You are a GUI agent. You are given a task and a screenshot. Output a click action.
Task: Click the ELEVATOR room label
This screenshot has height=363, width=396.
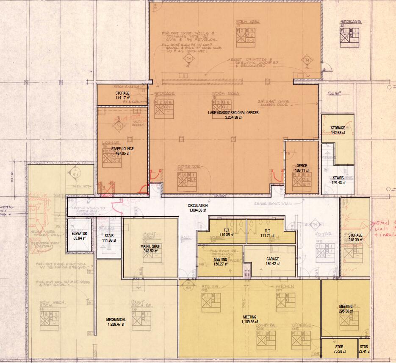pos(79,234)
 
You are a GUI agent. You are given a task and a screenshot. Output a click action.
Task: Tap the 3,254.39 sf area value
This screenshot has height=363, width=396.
pos(233,117)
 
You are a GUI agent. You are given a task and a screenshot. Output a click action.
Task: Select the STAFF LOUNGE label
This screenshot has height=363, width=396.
pos(122,149)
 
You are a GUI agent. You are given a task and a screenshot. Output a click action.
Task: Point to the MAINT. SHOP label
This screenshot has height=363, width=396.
pos(150,246)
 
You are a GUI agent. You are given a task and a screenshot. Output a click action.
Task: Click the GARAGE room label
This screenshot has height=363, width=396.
pos(272,259)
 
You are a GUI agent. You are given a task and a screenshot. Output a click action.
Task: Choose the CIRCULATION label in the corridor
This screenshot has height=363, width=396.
pos(197,206)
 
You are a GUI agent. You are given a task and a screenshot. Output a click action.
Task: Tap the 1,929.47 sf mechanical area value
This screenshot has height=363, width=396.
pos(116,324)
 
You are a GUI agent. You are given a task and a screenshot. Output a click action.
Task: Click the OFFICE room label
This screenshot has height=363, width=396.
pos(302,166)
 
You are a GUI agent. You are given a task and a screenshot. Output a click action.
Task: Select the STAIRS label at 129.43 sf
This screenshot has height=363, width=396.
pos(338,178)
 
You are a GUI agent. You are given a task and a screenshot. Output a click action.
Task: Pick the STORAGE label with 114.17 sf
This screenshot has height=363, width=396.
pos(122,93)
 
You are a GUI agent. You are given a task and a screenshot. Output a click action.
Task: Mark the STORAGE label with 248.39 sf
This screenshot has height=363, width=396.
pos(355,235)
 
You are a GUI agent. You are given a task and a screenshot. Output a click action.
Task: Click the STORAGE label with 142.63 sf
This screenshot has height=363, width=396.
pos(338,128)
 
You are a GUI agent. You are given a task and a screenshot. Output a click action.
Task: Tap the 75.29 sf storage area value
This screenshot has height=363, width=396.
pos(339,352)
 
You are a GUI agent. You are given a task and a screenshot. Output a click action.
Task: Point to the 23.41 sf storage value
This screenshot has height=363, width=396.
pos(363,352)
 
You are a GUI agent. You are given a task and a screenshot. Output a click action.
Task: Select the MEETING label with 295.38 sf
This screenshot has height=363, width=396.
pos(346,307)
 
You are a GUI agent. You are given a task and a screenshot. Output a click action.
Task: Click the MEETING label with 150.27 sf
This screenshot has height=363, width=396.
pos(220,259)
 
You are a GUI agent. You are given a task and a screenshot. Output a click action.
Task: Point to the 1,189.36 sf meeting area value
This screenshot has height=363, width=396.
pos(249,322)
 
